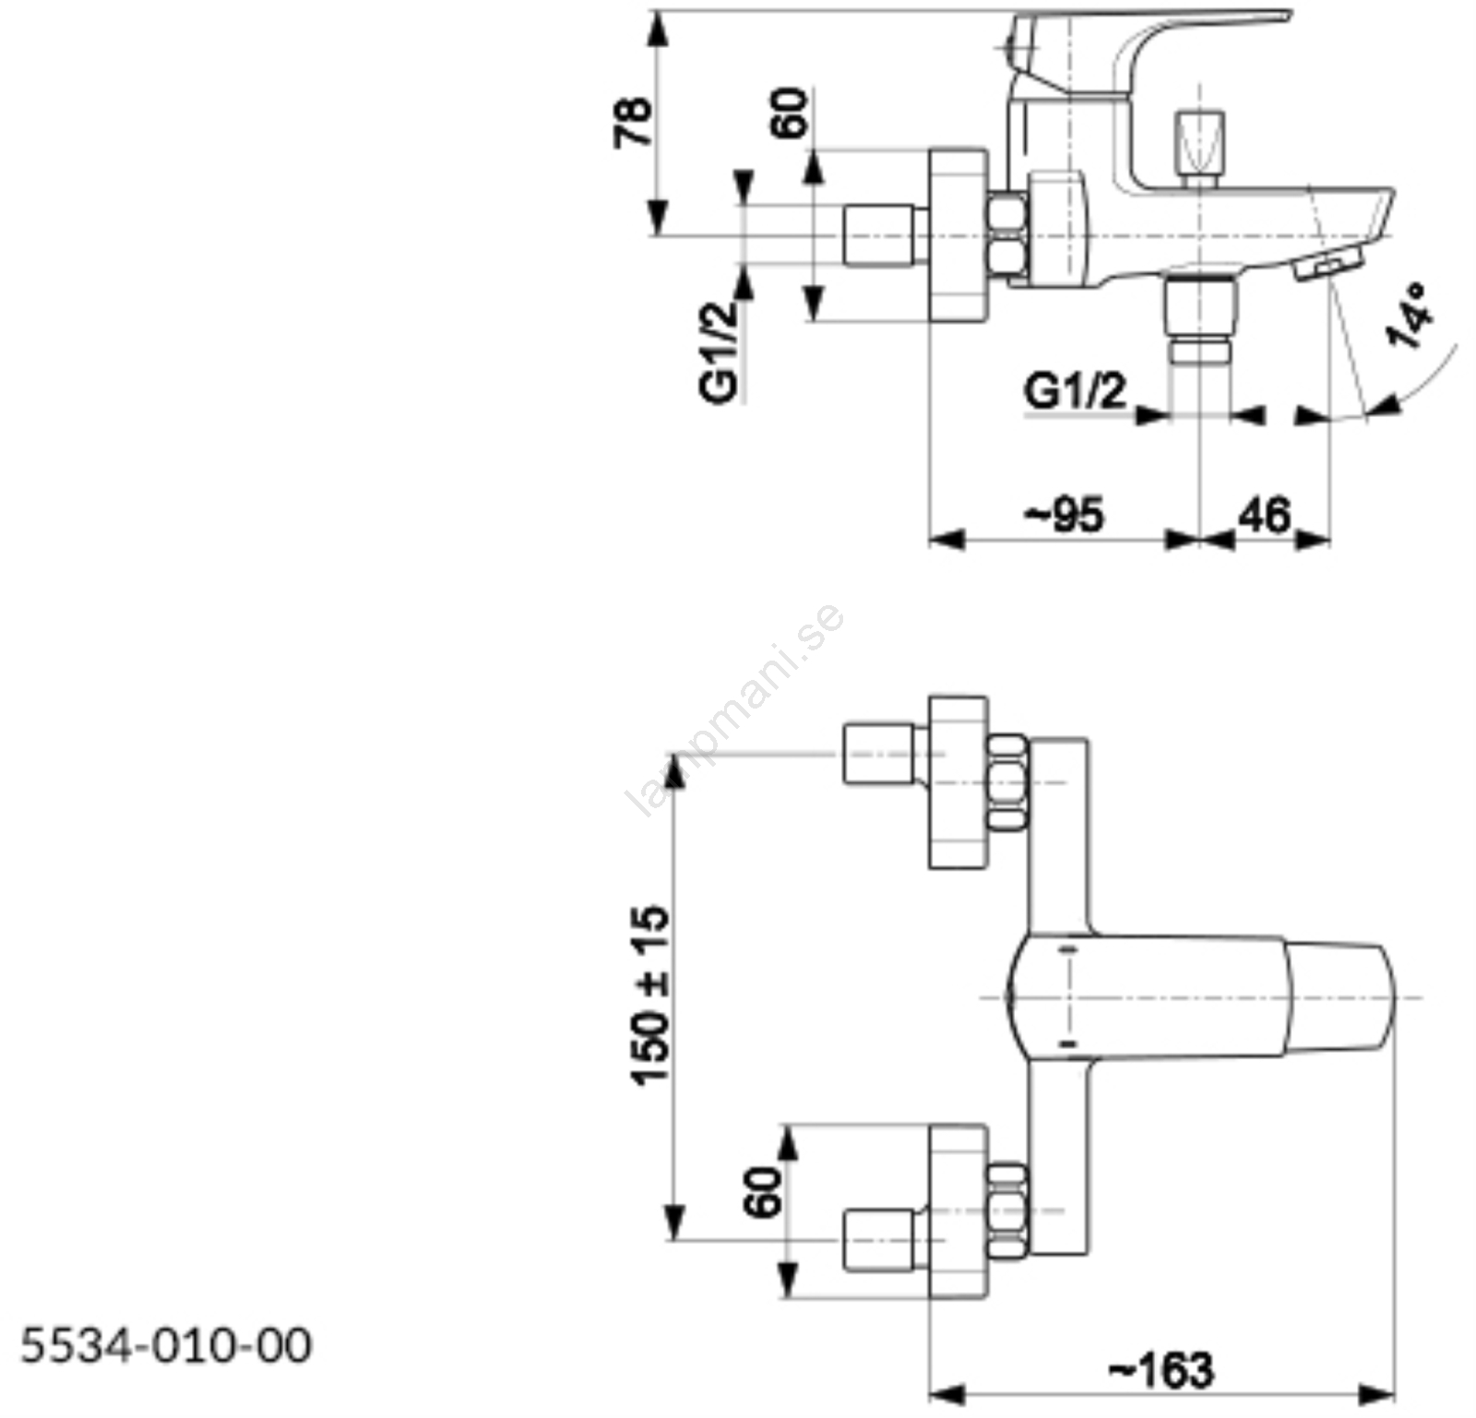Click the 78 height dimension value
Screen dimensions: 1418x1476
[635, 122]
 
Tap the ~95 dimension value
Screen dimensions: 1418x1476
[1065, 515]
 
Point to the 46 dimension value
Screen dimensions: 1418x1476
[1264, 515]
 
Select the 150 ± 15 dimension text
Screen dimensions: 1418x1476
[651, 995]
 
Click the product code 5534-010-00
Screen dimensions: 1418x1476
[166, 1346]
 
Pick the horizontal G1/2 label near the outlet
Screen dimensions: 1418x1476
[1076, 391]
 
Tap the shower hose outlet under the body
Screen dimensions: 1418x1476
[1198, 318]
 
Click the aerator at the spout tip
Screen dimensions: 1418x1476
[1327, 267]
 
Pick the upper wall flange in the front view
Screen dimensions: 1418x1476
[958, 782]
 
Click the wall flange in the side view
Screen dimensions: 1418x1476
[958, 235]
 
